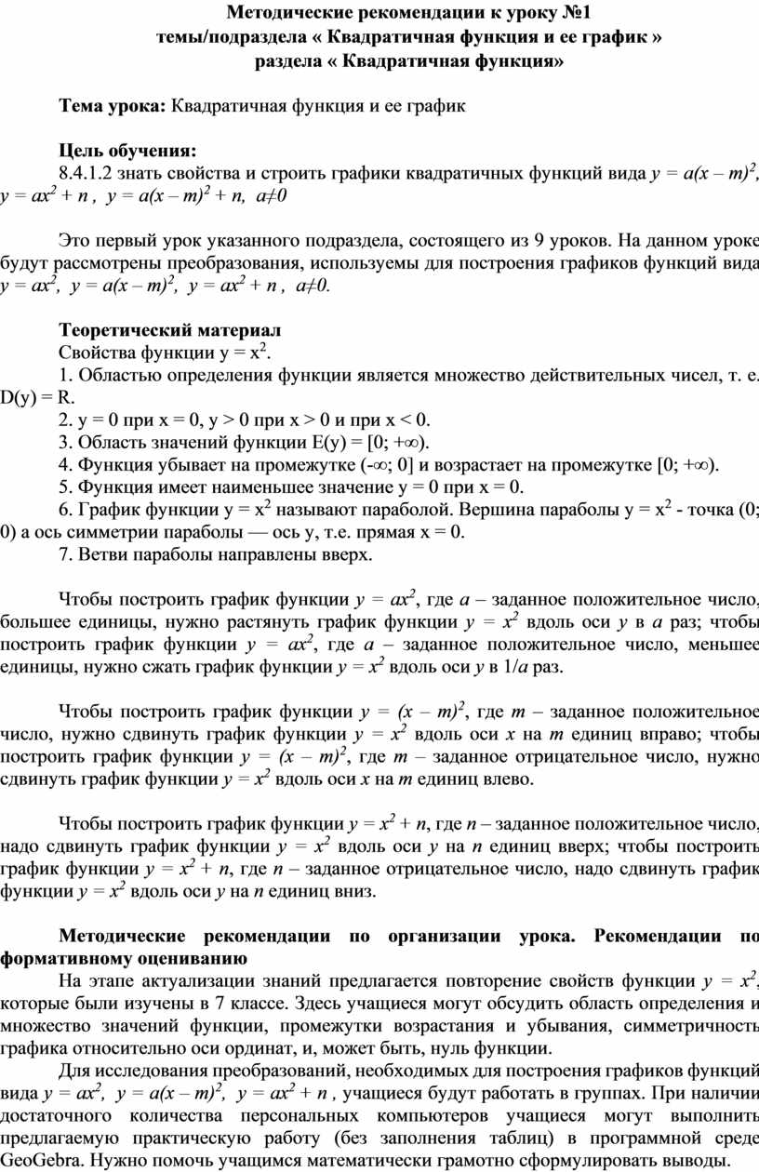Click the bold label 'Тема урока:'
(113, 105)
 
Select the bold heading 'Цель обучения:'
(126, 151)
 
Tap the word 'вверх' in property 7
(348, 555)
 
